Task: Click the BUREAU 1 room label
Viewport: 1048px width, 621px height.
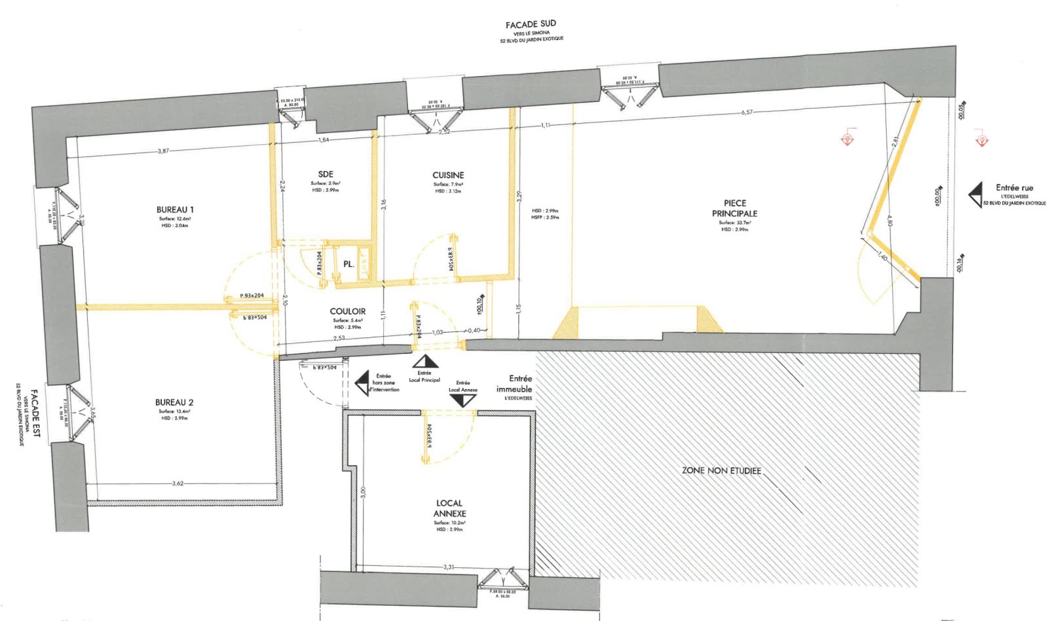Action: [x=174, y=210]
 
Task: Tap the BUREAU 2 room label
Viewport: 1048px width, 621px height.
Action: [x=174, y=402]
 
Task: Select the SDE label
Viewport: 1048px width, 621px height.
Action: [x=326, y=175]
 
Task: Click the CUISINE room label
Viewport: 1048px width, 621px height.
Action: [x=448, y=175]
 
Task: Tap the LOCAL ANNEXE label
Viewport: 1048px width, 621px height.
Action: [x=450, y=508]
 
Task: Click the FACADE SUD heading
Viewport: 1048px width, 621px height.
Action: [x=531, y=25]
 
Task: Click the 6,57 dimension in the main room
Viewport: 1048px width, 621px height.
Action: [x=747, y=113]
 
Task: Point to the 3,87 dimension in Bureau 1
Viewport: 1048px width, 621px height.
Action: [x=163, y=151]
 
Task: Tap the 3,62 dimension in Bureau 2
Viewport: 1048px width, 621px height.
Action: [x=178, y=484]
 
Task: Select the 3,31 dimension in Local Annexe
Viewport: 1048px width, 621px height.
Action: [x=449, y=567]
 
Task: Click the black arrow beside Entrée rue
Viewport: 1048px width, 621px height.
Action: [x=976, y=195]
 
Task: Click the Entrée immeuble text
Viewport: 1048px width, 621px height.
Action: [x=521, y=384]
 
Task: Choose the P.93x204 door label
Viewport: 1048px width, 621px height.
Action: [x=252, y=296]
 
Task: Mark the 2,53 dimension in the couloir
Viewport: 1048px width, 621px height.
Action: [x=339, y=338]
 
